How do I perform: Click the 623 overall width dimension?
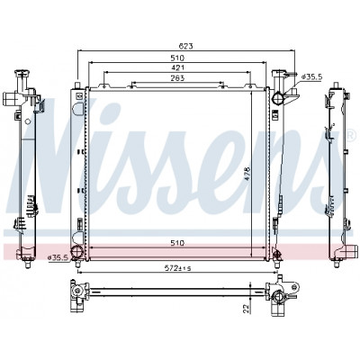[185, 46]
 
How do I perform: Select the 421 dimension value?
[177, 67]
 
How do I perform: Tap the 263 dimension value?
[177, 78]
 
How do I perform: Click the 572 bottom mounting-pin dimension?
[177, 268]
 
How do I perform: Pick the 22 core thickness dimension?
[246, 309]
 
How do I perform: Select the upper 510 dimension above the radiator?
[177, 58]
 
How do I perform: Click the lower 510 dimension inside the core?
[177, 243]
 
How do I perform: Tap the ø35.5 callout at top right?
[311, 77]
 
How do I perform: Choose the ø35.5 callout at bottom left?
[58, 257]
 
